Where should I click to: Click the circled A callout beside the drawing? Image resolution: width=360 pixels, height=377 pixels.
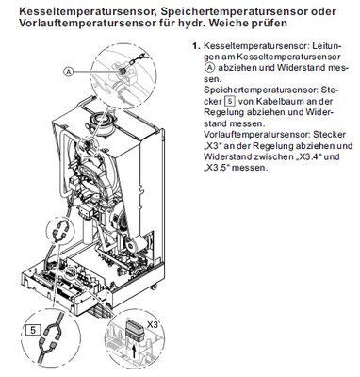pos(69,72)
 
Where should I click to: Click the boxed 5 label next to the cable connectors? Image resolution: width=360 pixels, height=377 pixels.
pos(33,330)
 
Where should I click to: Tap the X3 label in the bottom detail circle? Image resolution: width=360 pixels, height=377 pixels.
pos(153,325)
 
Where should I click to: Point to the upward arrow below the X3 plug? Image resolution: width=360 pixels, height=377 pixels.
pos(135,350)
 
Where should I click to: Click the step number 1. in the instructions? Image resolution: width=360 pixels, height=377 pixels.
pos(196,46)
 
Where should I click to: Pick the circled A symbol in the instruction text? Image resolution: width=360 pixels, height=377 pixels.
pos(209,67)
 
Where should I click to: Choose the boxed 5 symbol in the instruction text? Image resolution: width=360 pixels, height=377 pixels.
pos(230,102)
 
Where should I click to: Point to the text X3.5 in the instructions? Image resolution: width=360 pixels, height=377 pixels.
pos(217,167)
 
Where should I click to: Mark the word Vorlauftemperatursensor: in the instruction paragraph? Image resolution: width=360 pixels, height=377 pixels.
pos(254,135)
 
